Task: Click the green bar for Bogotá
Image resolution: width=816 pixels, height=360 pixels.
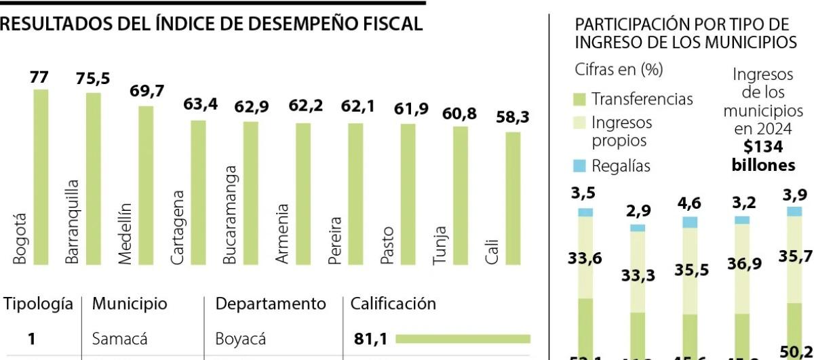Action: (41, 176)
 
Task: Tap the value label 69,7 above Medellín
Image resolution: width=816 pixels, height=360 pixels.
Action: (147, 91)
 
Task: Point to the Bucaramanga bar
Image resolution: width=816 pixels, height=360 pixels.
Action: (251, 193)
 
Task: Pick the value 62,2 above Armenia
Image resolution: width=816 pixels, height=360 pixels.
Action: (305, 106)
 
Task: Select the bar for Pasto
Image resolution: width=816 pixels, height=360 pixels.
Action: (408, 194)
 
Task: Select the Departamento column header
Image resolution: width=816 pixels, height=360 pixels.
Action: (271, 304)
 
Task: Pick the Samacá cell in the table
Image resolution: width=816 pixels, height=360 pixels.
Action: (119, 338)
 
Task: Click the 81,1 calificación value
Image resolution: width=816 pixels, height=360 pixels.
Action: (370, 338)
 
